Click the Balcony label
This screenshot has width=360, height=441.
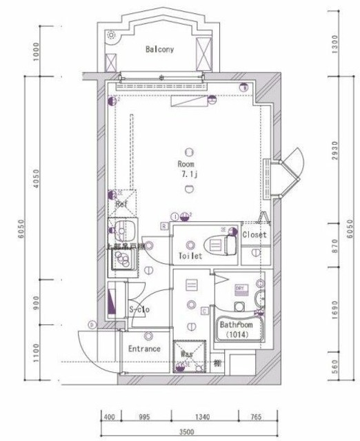point(159,50)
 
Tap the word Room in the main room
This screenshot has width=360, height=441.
point(186,165)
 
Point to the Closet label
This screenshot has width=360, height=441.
point(253,235)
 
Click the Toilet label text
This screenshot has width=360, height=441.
point(190,256)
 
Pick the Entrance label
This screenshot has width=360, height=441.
point(144,349)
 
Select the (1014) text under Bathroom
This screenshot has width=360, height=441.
point(236,335)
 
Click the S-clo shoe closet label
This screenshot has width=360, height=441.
point(139,309)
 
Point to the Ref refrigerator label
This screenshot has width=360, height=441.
point(121,205)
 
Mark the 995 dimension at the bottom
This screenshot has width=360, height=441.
point(143,418)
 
